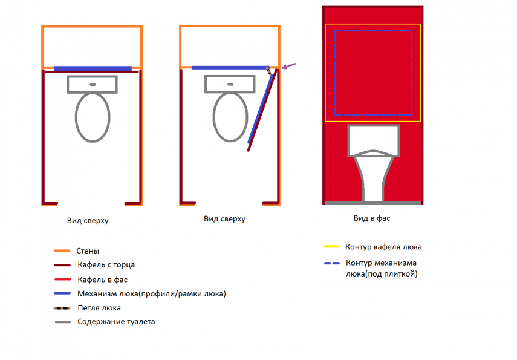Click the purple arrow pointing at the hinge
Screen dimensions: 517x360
click(x=289, y=66)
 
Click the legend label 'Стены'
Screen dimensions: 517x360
click(x=88, y=250)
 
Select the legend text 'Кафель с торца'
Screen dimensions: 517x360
click(x=106, y=264)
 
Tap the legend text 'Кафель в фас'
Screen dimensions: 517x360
click(x=103, y=280)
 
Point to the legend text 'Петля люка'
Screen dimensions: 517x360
click(x=99, y=308)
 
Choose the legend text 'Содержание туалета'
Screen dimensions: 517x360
click(x=116, y=322)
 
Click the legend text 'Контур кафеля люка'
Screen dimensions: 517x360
click(x=383, y=247)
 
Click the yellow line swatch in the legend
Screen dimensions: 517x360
click(x=331, y=246)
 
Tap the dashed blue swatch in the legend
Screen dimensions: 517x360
click(x=332, y=263)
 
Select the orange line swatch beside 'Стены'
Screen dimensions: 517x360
click(x=62, y=250)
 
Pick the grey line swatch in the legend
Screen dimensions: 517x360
click(x=63, y=322)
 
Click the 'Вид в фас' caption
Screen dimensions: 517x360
click(x=372, y=218)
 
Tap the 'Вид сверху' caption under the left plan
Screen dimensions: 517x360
click(x=88, y=220)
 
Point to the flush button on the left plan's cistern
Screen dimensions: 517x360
click(x=93, y=85)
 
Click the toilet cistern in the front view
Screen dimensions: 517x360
click(x=374, y=140)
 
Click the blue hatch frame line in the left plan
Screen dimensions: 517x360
click(x=93, y=68)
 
